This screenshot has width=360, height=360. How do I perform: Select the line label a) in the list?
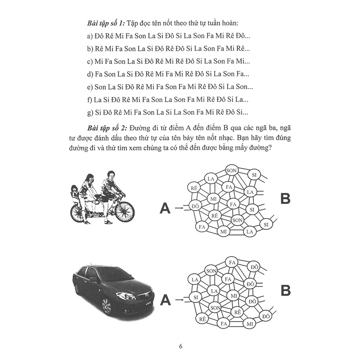[x=90, y=36]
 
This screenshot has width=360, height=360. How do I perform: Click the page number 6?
[x=180, y=346]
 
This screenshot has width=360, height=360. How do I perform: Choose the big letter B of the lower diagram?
[x=287, y=290]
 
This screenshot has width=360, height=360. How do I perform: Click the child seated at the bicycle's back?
[x=74, y=194]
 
